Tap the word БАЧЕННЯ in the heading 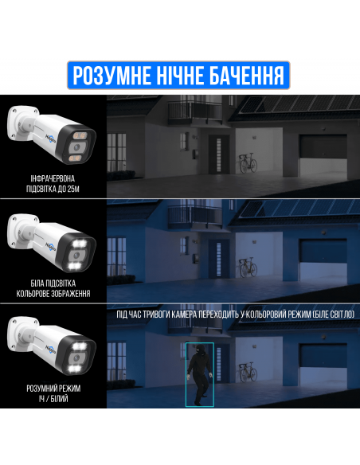pyautogui.click(x=247, y=76)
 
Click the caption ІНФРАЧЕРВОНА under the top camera pyautogui.click(x=53, y=178)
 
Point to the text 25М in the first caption pyautogui.click(x=72, y=189)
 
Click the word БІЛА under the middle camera pyautogui.click(x=37, y=283)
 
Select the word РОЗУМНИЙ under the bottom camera pyautogui.click(x=41, y=389)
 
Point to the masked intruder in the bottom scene pyautogui.click(x=199, y=374)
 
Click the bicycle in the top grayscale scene pyautogui.click(x=248, y=162)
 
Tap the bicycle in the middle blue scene pyautogui.click(x=248, y=267)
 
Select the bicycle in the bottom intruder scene pyautogui.click(x=248, y=372)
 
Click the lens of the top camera pyautogui.click(x=76, y=147)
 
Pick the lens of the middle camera pyautogui.click(x=76, y=255)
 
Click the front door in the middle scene pyautogui.click(x=219, y=258)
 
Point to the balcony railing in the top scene pyautogui.click(x=194, y=112)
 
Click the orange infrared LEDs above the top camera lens pyautogui.click(x=80, y=135)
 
